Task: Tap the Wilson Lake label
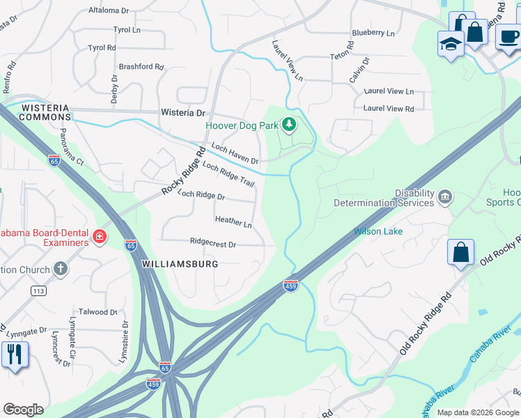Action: click(378, 231)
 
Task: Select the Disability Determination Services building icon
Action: click(445, 199)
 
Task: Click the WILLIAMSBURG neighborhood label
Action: click(180, 265)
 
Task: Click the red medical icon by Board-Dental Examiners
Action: click(100, 238)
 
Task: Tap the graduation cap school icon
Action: click(451, 44)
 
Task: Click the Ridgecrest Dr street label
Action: click(213, 245)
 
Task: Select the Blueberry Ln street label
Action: click(373, 33)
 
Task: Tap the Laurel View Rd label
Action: click(389, 109)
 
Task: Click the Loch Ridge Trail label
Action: click(228, 173)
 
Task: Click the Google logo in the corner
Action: click(23, 410)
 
